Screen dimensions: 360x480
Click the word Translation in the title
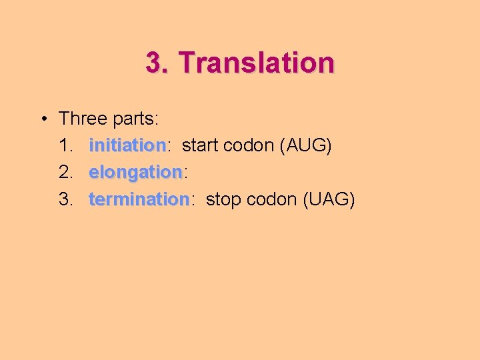[x=257, y=63]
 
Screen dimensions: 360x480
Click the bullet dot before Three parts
[x=42, y=119]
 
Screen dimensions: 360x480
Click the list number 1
[x=64, y=145]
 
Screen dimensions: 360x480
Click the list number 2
[x=65, y=172]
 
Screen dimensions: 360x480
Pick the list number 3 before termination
[x=65, y=199]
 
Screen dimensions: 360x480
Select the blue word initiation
[x=127, y=145]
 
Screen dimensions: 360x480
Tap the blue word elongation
[x=135, y=172]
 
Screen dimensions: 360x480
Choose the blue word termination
[x=139, y=199]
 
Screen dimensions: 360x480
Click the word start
[x=199, y=145]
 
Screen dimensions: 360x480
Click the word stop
[x=223, y=199]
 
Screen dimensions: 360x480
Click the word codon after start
[x=249, y=145]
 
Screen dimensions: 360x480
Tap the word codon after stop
[x=273, y=199]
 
